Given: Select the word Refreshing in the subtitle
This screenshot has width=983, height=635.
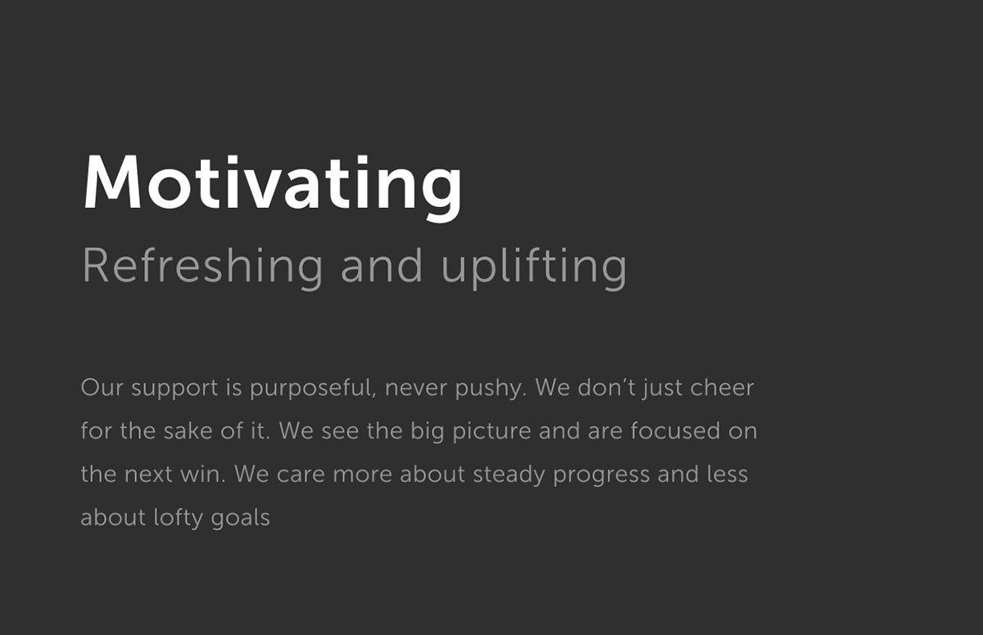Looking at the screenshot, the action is click(x=202, y=267).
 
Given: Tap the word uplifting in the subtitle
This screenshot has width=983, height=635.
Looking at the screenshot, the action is click(x=533, y=267).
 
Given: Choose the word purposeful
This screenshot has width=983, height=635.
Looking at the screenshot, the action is click(x=313, y=388).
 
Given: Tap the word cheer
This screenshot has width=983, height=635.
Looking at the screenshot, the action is click(x=722, y=387).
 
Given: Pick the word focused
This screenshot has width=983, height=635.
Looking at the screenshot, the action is click(x=675, y=430).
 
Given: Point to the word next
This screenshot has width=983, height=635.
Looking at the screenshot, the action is click(x=148, y=474).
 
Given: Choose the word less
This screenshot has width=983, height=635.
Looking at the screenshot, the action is click(x=727, y=474).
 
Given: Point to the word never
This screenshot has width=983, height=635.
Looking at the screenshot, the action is click(x=415, y=388).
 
